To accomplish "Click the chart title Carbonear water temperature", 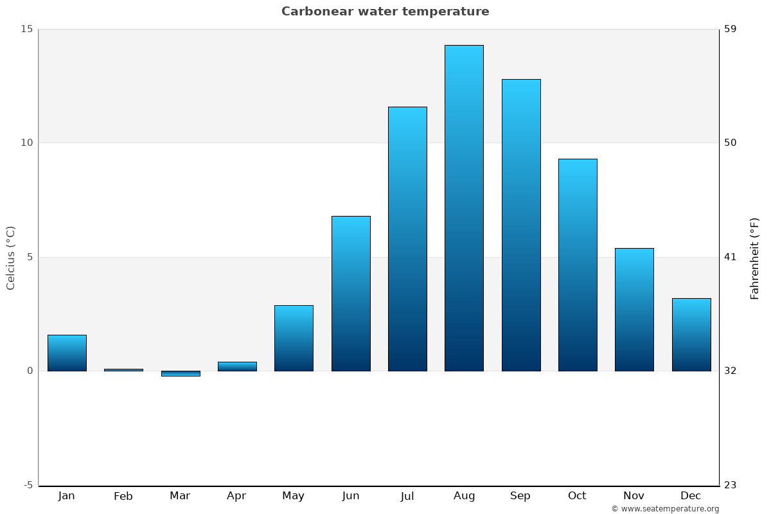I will pos(385,12).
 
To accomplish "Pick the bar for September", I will pos(521,225).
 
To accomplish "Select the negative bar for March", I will pos(181,373).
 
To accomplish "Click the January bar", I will pos(67,353).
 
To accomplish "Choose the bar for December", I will pos(691,335).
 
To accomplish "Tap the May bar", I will pos(294,338).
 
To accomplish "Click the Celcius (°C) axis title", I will pos(10,258).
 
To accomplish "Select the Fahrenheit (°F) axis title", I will pos(755,258).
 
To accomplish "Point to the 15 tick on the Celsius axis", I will pos(26,29).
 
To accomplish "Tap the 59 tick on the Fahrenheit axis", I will pos(731,29).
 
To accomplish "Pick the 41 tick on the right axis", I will pos(731,257).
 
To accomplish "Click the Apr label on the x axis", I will pos(236,496).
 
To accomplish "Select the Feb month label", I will pos(123,496).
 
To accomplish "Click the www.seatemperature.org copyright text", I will pos(665,509).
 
